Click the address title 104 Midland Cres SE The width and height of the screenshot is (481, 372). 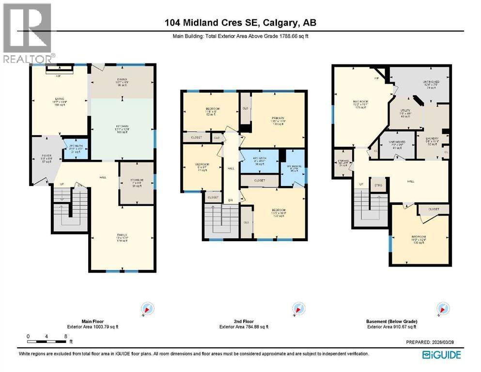240,23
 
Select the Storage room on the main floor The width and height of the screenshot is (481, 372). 136,183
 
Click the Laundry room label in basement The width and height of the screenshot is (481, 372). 432,141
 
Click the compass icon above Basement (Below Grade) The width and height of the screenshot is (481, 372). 441,309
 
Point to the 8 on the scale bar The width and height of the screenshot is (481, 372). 65,336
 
